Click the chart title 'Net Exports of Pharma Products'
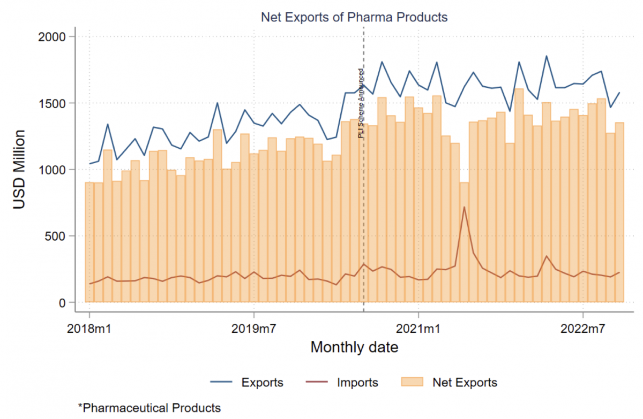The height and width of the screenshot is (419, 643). [x=354, y=17]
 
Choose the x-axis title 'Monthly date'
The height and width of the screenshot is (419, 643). [x=354, y=347]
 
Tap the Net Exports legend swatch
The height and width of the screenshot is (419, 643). [x=413, y=382]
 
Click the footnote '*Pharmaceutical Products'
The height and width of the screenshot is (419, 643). [x=149, y=408]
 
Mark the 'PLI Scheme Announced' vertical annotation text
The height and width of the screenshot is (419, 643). [x=361, y=103]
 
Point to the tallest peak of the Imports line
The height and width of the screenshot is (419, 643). [x=464, y=207]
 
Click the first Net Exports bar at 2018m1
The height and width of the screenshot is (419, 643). [x=89, y=242]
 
